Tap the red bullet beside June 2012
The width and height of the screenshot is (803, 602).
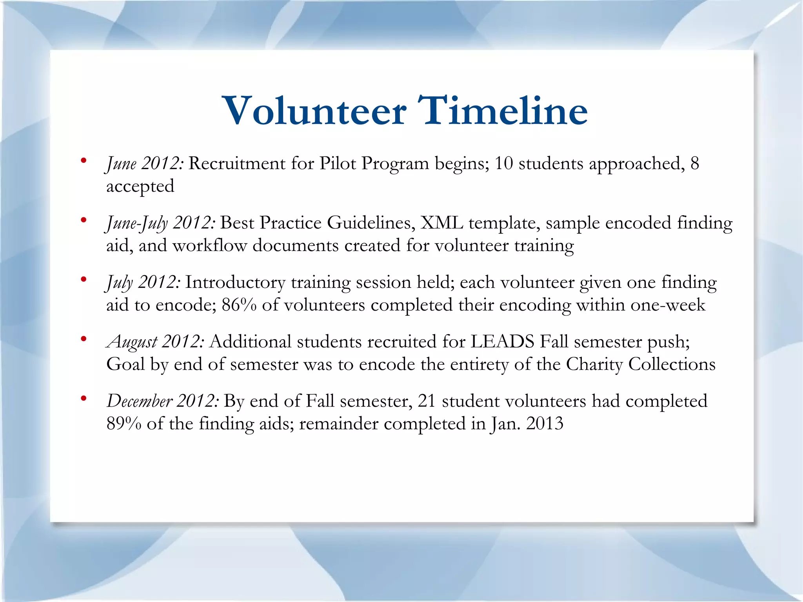pos(83,160)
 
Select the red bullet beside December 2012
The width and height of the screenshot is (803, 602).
pos(83,398)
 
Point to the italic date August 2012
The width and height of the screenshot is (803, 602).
pos(155,342)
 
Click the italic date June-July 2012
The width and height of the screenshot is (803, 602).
pos(160,223)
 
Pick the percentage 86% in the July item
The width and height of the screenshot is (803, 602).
pos(239,305)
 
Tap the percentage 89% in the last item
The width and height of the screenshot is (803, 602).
pos(124,424)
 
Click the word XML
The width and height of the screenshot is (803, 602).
pos(441,223)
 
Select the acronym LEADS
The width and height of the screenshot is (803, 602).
pos(502,341)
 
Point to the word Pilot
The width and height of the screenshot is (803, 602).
pos(338,164)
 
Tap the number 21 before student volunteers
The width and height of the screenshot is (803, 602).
pos(427,401)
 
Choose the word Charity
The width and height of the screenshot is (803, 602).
pos(594,364)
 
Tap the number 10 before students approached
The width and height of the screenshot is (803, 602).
pos(503,164)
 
